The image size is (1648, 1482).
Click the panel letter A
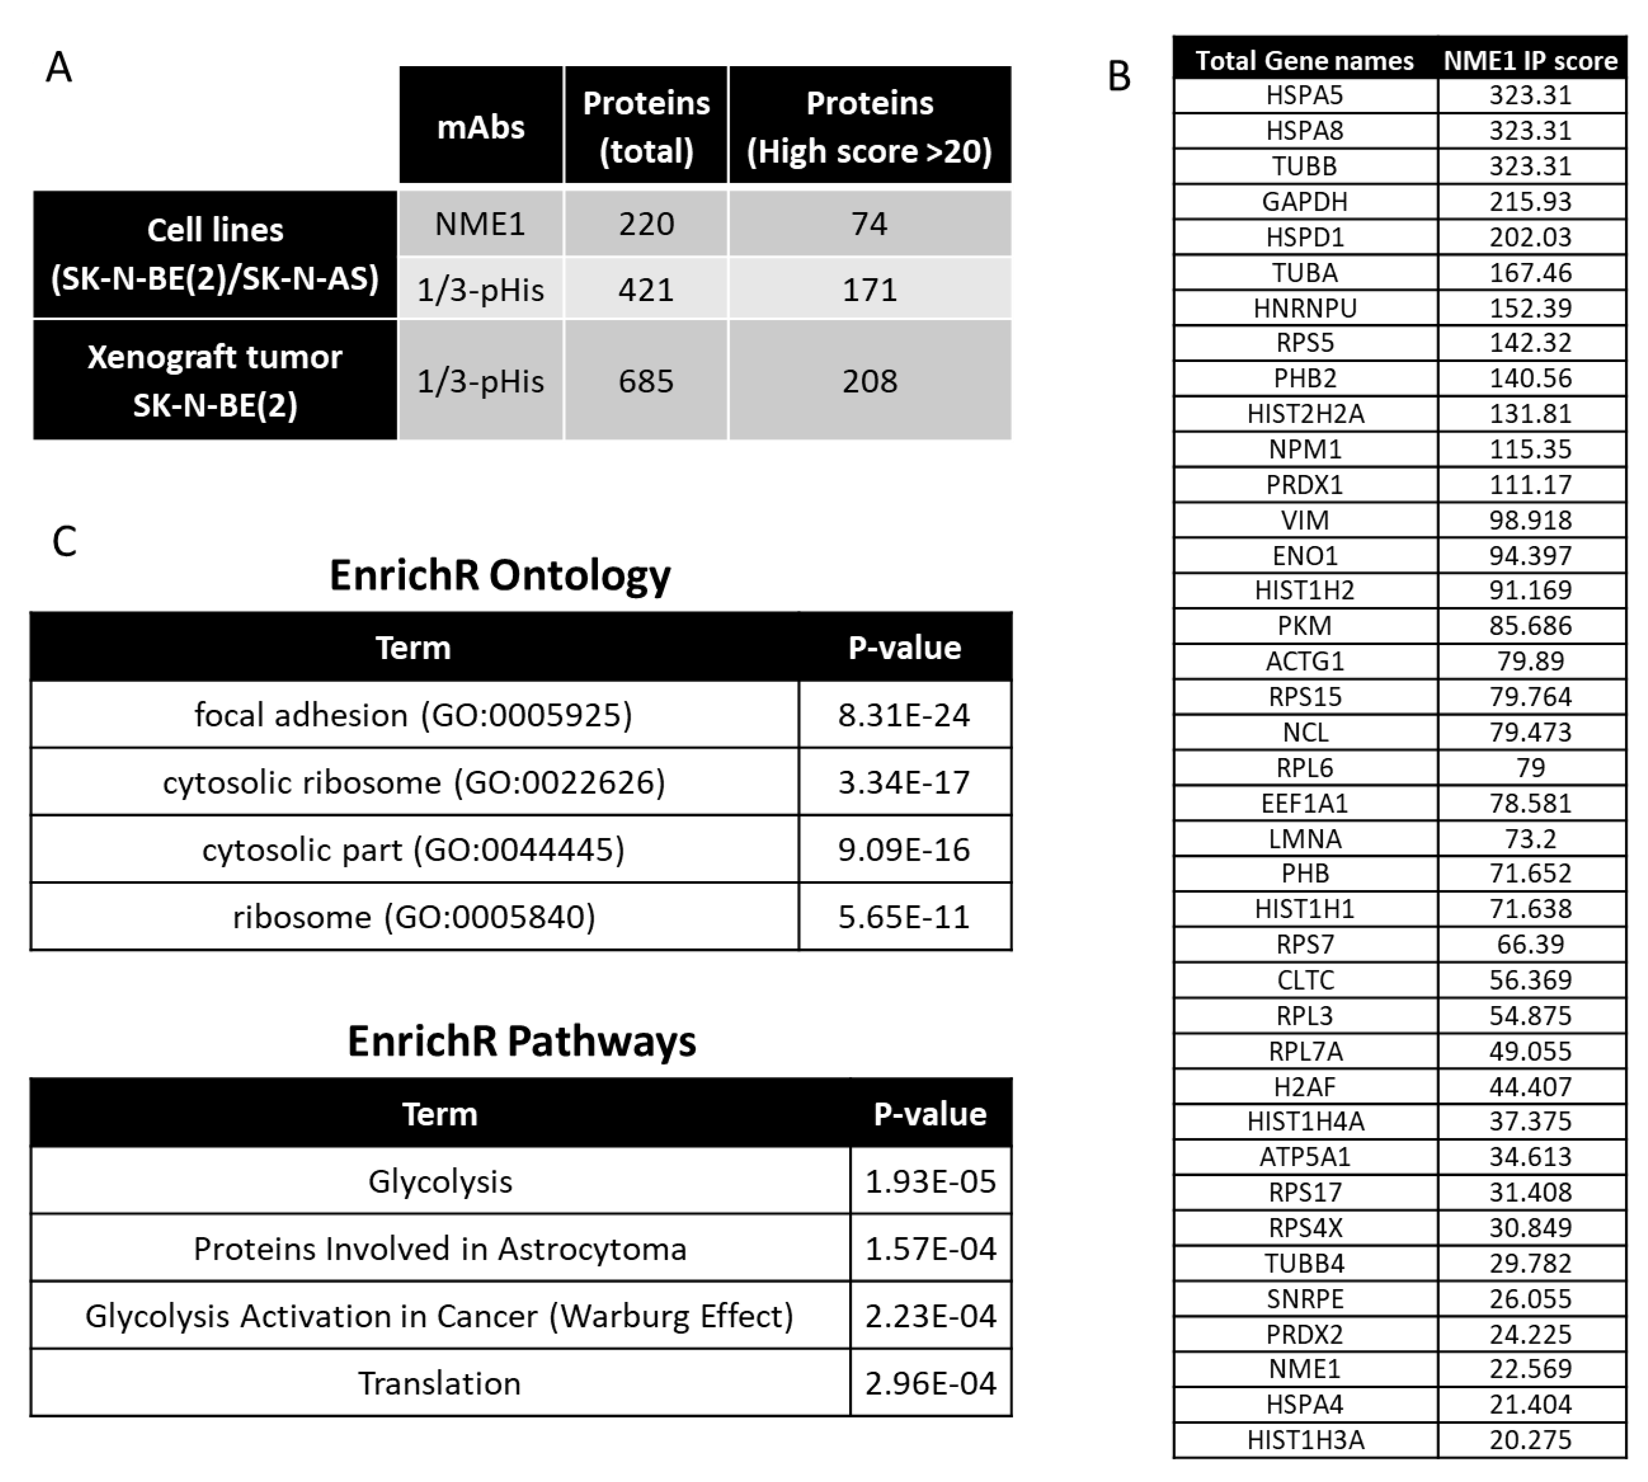point(59,67)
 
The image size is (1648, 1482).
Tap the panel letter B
point(1120,77)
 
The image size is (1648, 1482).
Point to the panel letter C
point(64,542)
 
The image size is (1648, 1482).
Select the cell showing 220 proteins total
point(646,224)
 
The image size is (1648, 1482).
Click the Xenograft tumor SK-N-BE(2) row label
point(215,380)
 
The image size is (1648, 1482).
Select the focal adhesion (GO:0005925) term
point(414,715)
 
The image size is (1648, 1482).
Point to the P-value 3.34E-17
point(904,783)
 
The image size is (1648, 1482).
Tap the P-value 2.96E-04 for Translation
point(930,1383)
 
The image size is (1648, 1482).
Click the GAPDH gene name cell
point(1304,201)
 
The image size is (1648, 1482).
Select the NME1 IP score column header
point(1530,61)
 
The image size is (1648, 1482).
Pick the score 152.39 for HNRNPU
point(1530,308)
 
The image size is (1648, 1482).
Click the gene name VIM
point(1304,520)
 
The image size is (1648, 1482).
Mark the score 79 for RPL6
point(1530,767)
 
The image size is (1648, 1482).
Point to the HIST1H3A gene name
point(1304,1439)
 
